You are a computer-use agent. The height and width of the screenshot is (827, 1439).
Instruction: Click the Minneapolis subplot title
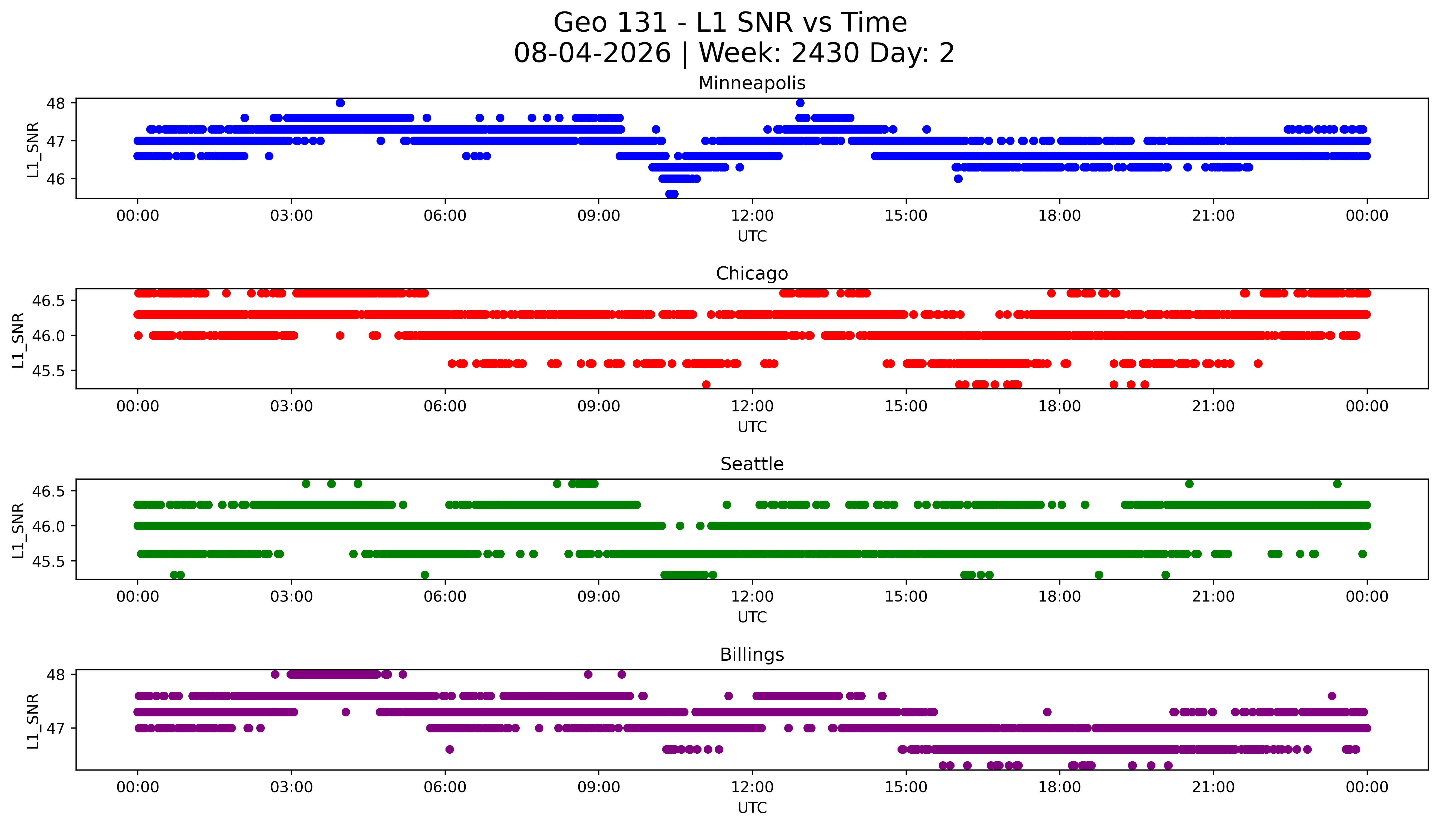(752, 83)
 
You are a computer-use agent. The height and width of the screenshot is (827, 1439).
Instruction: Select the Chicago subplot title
(752, 273)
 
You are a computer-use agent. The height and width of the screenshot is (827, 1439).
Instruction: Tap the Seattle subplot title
(752, 464)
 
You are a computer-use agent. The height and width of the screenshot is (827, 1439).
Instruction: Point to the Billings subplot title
(752, 654)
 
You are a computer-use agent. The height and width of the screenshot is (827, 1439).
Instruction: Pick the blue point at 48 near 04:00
(340, 103)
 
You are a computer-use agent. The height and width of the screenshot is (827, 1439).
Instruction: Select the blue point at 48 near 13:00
(800, 103)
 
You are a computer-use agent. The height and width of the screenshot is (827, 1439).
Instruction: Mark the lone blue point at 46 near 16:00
(959, 179)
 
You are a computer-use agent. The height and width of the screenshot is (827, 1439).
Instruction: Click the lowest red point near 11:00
(706, 384)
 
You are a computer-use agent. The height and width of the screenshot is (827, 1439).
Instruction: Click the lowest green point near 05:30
(425, 575)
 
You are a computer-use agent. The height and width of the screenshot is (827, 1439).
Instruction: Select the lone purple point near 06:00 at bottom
(450, 749)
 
